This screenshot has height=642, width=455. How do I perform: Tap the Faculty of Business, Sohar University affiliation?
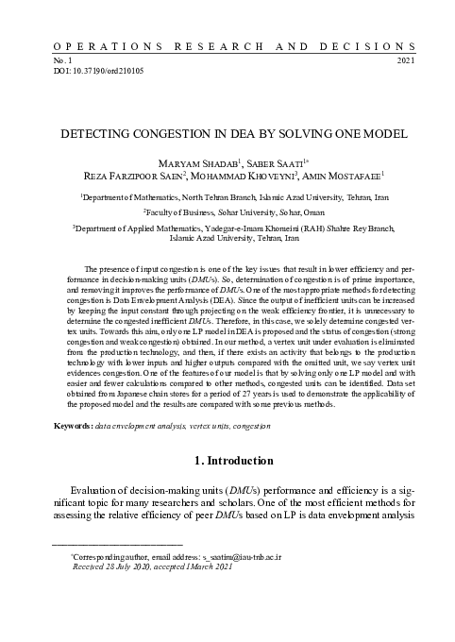point(227,213)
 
